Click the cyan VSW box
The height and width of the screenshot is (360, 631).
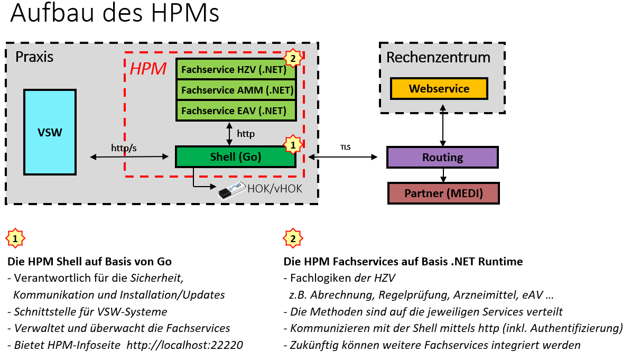50,132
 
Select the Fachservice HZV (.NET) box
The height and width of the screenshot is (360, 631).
235,69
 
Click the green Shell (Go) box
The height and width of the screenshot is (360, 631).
235,157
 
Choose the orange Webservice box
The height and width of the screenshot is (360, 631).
439,89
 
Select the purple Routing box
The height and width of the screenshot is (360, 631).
442,158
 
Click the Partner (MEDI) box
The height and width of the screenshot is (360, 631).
443,193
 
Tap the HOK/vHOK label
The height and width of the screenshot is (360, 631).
275,188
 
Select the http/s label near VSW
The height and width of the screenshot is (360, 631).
124,147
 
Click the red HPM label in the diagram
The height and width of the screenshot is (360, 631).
148,68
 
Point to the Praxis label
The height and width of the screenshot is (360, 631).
34,57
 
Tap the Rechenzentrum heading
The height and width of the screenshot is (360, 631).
438,57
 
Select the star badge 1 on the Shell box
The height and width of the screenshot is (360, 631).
293,144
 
